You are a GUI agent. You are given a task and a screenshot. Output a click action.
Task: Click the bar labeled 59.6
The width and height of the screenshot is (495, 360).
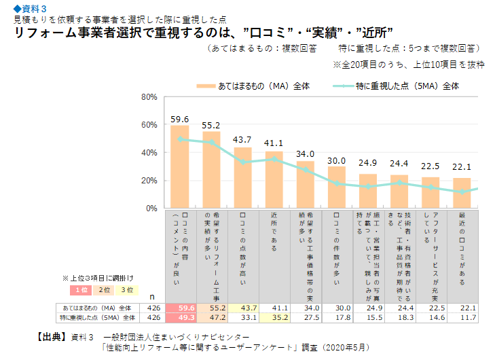(180, 167)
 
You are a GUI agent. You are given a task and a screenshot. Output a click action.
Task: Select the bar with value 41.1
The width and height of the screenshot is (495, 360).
(274, 180)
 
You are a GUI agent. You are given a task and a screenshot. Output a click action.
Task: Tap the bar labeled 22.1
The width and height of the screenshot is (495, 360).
(462, 193)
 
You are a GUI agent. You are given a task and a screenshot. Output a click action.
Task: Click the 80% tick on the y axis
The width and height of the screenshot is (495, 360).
(149, 97)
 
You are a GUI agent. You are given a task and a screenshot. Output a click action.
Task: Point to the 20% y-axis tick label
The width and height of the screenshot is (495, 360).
(149, 181)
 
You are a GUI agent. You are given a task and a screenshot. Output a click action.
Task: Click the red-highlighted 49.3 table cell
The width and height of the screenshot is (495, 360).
(180, 317)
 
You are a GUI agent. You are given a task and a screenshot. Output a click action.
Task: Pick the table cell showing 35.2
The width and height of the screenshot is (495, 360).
(274, 317)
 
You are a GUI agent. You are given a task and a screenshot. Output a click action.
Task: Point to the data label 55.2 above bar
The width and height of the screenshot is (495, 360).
(211, 125)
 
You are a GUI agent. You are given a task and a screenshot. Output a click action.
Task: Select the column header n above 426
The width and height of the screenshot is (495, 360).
(153, 297)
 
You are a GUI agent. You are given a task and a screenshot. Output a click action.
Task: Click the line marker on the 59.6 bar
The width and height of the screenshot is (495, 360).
(180, 139)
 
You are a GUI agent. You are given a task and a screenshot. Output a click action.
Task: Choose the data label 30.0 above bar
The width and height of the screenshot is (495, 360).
(336, 160)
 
